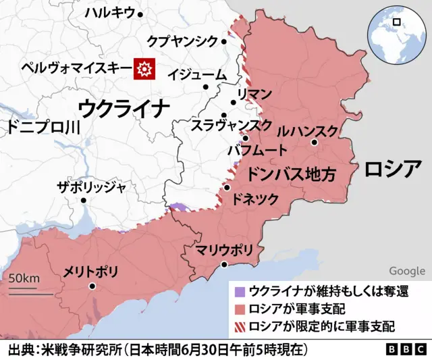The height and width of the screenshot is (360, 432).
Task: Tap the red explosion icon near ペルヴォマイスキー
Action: pos(144,68)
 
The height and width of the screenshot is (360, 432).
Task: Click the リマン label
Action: pos(254,94)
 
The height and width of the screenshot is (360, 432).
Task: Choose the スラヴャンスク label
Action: pos(231,125)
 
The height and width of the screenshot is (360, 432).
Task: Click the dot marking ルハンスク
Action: pos(315,143)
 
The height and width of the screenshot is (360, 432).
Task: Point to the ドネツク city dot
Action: pos(227,188)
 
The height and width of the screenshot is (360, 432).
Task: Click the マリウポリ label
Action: pos(224,251)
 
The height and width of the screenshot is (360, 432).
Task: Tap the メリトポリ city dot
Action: pos(92,286)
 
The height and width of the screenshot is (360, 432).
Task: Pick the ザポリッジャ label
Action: pos(91,187)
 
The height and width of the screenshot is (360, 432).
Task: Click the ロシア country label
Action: pos(393,169)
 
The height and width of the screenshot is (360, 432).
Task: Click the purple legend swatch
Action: pos(238,292)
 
